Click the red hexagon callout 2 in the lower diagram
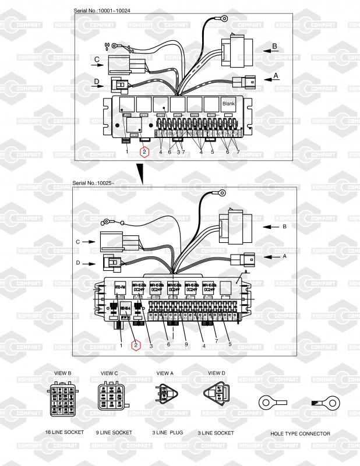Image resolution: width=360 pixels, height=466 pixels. (135, 345)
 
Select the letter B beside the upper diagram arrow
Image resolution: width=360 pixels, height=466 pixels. (274, 45)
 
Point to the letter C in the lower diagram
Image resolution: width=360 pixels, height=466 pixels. (77, 241)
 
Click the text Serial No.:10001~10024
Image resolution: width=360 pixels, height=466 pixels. (103, 11)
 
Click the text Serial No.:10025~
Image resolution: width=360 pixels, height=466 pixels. (94, 183)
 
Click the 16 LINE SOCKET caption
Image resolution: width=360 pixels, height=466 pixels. (64, 433)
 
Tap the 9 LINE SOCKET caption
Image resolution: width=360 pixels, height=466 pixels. (114, 433)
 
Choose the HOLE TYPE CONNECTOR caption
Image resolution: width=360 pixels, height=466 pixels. (300, 433)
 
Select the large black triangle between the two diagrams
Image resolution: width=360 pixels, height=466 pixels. (140, 172)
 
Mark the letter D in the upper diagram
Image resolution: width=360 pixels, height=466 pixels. (97, 81)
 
